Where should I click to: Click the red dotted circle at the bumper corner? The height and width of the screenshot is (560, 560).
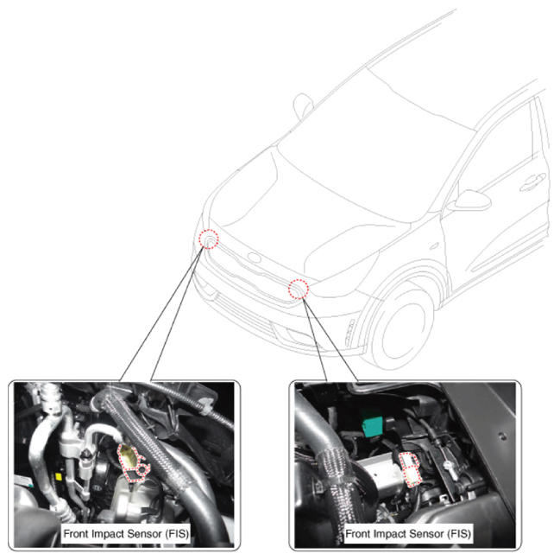pyautogui.click(x=209, y=239)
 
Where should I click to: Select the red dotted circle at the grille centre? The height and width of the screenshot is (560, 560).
pyautogui.click(x=299, y=289)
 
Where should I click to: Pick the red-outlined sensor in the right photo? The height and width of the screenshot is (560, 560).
pyautogui.click(x=410, y=469)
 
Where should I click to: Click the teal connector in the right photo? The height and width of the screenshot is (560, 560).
pyautogui.click(x=373, y=423)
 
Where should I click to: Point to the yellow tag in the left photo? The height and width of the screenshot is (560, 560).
pyautogui.click(x=58, y=477)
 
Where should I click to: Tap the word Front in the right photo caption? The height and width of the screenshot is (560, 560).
pyautogui.click(x=358, y=534)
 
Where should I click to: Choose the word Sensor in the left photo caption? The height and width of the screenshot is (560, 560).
pyautogui.click(x=144, y=534)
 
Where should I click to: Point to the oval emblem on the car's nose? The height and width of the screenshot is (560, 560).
pyautogui.click(x=255, y=258)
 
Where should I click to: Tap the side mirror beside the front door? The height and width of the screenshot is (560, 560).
pyautogui.click(x=469, y=200)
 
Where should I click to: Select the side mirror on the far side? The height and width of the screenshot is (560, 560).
pyautogui.click(x=303, y=105)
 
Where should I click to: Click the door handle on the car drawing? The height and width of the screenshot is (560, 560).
pyautogui.click(x=532, y=181)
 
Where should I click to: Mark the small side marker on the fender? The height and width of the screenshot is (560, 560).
pyautogui.click(x=434, y=246)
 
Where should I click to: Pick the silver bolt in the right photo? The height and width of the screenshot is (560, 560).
pyautogui.click(x=449, y=468)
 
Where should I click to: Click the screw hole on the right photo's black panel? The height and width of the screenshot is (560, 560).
pyautogui.click(x=502, y=436)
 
